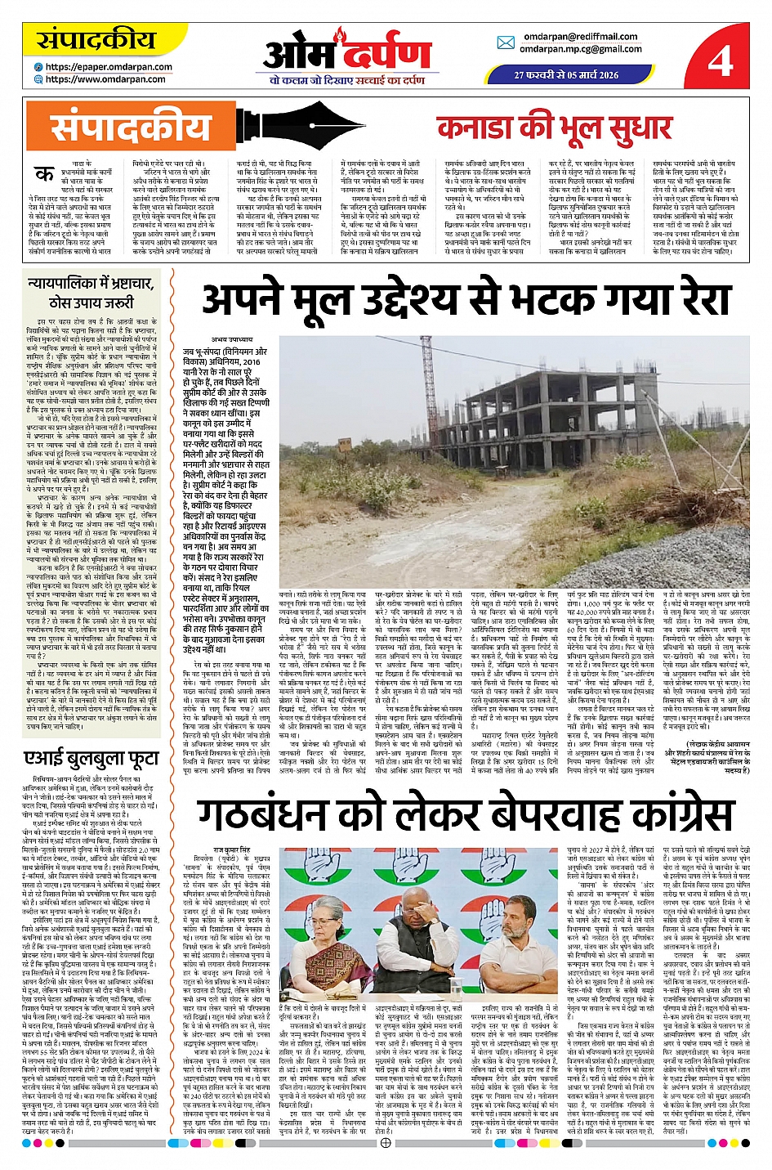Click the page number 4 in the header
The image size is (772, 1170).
coord(720,60)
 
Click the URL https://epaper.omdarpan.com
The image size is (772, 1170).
coord(109,67)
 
